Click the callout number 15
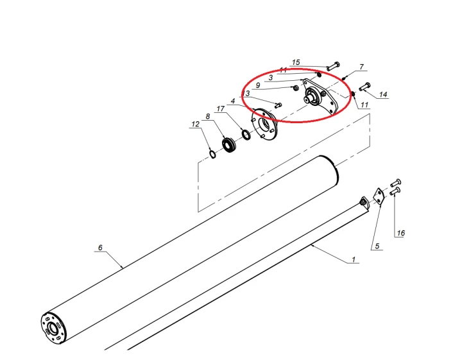(296, 62)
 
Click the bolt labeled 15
(333, 66)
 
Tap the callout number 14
(382, 94)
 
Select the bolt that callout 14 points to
(364, 87)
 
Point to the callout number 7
(361, 67)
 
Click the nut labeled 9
(296, 88)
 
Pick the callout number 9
(258, 85)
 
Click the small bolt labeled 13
(278, 105)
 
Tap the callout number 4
(233, 101)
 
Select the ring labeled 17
(246, 134)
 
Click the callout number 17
(220, 109)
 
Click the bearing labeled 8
(228, 145)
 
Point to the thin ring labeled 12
(212, 154)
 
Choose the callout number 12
(195, 124)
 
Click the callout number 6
(100, 248)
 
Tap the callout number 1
(354, 259)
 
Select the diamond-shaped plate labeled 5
(379, 196)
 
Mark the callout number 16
(400, 234)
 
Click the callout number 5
(377, 246)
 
